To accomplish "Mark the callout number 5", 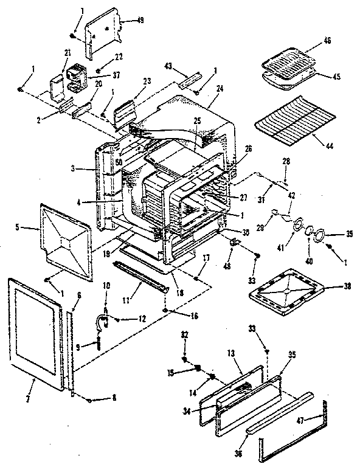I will [19, 228].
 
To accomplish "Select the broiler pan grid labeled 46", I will [289, 58].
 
